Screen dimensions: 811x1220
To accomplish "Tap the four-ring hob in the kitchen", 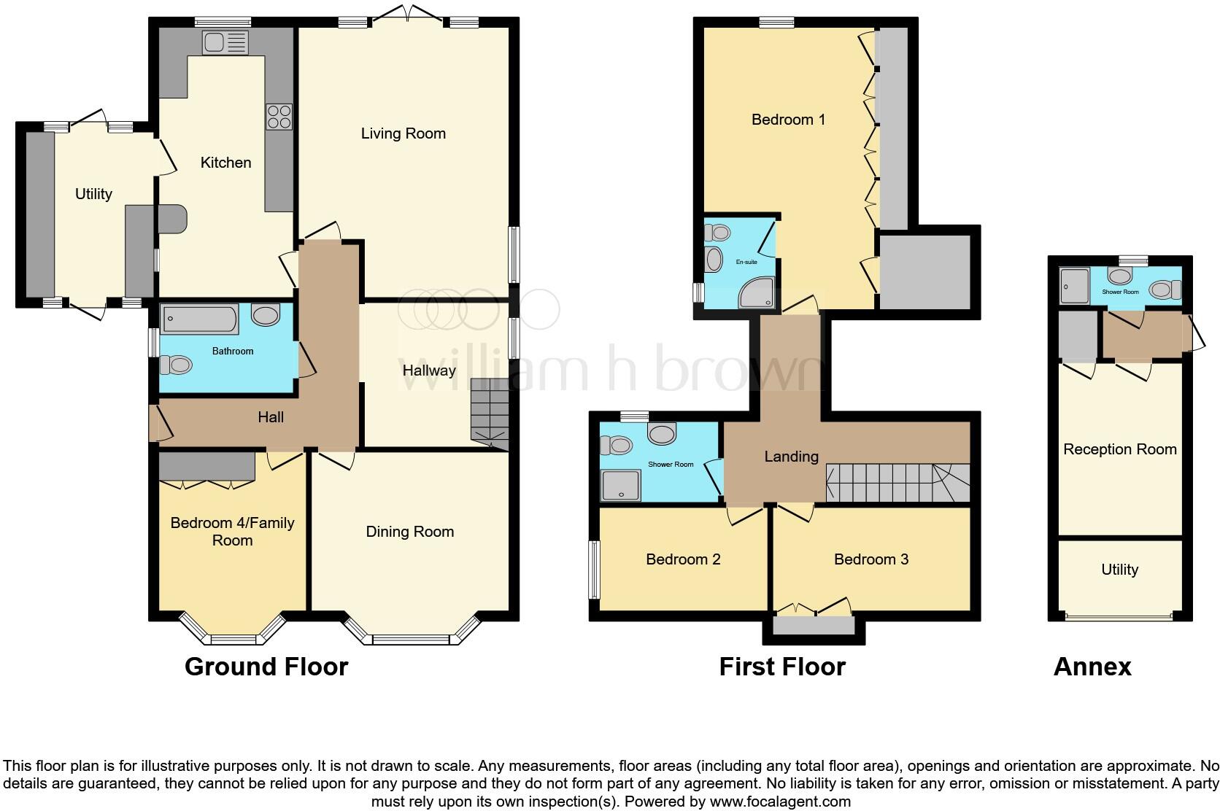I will click(279, 117).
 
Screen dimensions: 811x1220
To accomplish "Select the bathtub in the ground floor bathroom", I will click(199, 319).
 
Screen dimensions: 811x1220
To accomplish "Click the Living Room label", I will click(403, 133).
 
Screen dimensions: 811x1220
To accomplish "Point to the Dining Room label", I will click(409, 532).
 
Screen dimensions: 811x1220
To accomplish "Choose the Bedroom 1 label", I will click(788, 120).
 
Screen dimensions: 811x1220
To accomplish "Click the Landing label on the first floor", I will click(791, 457).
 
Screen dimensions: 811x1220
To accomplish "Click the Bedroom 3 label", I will click(870, 559).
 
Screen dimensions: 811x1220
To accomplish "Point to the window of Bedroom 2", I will click(595, 570).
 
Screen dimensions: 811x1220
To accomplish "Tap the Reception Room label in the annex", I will click(1119, 449).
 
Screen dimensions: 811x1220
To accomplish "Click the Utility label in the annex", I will click(1119, 570).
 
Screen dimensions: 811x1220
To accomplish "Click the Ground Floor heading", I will click(266, 667).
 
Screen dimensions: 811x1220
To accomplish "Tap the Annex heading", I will click(1092, 667).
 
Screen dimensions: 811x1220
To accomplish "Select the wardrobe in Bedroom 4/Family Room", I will click(207, 466).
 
